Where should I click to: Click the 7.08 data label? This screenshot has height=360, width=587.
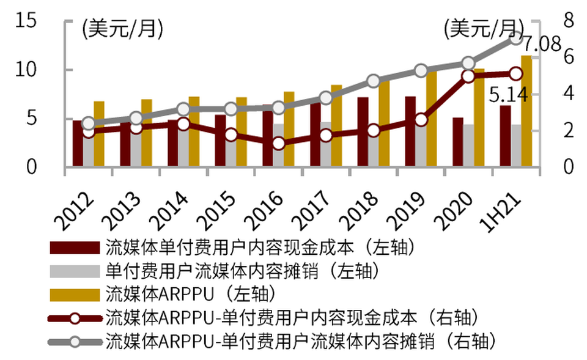coord(542,44)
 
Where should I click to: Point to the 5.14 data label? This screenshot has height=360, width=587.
coord(505,95)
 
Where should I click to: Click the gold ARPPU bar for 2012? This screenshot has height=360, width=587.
coord(99,133)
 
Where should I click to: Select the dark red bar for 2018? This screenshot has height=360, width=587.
coord(363,131)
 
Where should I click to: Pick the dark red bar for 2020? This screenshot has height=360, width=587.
coord(458,141)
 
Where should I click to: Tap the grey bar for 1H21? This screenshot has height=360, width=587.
coord(515,145)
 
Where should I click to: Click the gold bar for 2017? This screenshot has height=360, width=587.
coord(336,125)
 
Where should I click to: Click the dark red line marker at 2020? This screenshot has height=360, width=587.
coord(468,76)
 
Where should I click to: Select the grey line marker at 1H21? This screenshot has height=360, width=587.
coord(515,39)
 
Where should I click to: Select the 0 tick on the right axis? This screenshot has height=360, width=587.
coord(569,167)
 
